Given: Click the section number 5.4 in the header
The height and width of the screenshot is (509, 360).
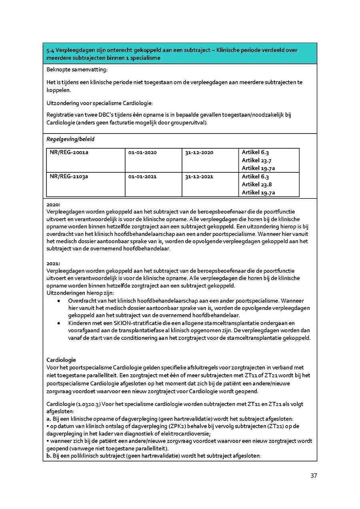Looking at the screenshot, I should pos(50,50).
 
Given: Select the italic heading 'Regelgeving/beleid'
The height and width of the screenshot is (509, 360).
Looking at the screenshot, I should pos(70,139).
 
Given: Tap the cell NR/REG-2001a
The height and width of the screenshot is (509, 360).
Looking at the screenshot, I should pos(69,152).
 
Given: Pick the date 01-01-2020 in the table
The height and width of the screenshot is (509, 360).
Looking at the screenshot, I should pos(142,152).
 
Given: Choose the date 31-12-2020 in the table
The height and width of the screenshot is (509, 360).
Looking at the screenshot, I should pos(199,152).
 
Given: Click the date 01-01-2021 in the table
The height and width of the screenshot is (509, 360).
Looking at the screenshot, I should pos(142,176).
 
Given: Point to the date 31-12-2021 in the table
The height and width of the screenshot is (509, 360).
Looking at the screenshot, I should pos(199,176).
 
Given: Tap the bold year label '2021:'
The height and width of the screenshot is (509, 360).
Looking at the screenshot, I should pos(53,264).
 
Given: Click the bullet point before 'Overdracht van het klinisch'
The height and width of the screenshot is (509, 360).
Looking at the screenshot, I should pos(59,301).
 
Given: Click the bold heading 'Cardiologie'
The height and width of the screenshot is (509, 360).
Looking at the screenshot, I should pos(61,360).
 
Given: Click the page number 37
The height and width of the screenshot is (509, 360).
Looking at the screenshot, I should pos(314,476).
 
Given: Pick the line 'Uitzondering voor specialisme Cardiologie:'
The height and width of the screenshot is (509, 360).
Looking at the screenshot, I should pos(99,104).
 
